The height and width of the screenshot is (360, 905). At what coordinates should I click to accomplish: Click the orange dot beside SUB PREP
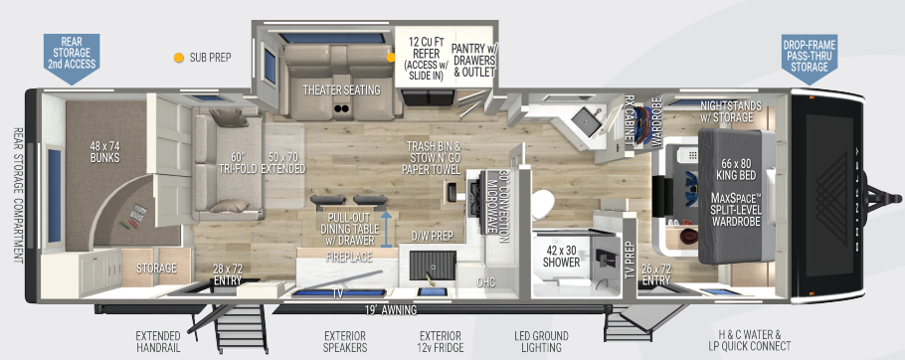coord(178,58)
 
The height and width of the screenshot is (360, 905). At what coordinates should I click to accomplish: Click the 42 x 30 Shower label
coord(564,257)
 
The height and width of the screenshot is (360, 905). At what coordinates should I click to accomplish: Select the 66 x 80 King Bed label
coord(736,169)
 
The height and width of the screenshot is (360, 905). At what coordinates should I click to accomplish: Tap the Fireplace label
coord(348,257)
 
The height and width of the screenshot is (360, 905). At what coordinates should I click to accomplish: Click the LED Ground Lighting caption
coord(543,340)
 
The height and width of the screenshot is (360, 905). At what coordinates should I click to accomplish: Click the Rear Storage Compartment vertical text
coord(17,193)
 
